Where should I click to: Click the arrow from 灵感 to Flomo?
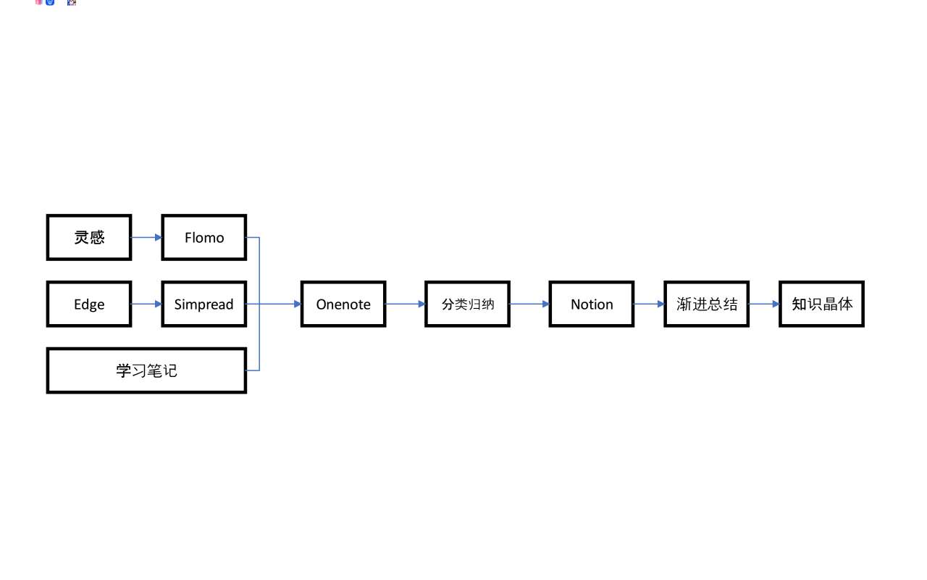click(146, 237)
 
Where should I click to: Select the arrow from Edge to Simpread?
click(146, 304)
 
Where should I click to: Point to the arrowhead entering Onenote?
click(298, 304)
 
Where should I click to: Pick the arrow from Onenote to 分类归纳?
click(406, 304)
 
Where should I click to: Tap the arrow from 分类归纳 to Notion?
click(529, 304)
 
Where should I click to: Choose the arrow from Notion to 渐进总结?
click(650, 304)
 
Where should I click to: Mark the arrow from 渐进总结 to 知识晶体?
click(764, 304)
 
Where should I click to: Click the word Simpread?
click(204, 305)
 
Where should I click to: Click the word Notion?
click(592, 304)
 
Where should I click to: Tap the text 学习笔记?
click(146, 370)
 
